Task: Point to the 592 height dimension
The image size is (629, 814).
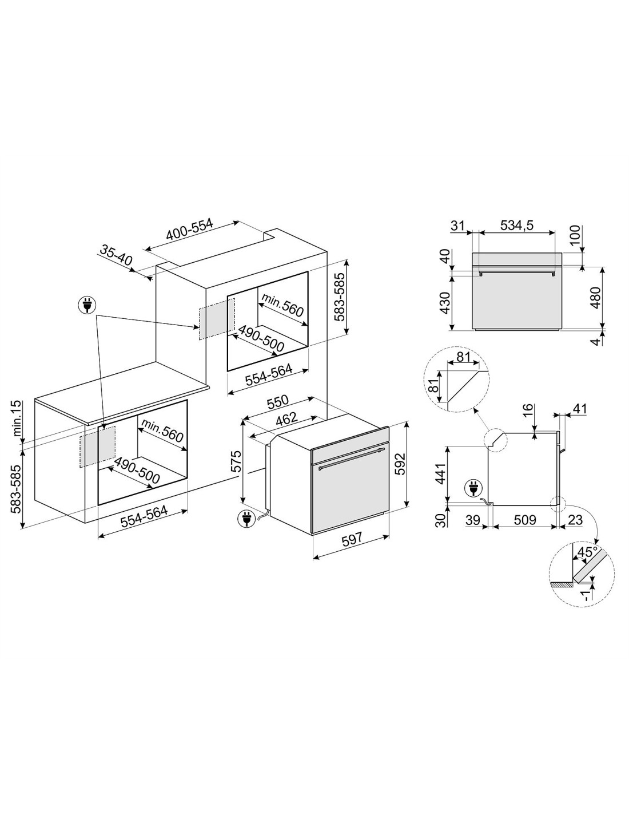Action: pos(401,464)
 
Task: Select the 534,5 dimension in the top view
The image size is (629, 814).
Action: pos(517,225)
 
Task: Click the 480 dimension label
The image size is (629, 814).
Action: pos(595,298)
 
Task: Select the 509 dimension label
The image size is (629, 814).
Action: pos(524,520)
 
